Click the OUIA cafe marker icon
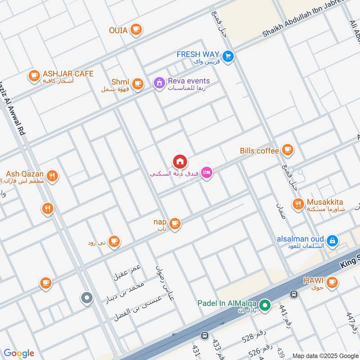click(x=135, y=30)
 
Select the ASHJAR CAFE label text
click(x=68, y=74)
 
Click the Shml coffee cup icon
click(x=137, y=83)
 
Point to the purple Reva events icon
click(x=158, y=83)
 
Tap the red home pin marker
click(x=180, y=161)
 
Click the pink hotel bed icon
click(x=207, y=172)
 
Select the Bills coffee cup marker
click(x=288, y=150)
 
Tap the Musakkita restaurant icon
click(x=298, y=204)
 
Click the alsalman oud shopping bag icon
click(x=332, y=241)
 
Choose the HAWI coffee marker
click(x=332, y=282)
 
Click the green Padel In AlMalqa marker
click(x=265, y=306)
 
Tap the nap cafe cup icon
click(x=175, y=223)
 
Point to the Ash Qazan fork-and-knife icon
click(x=53, y=176)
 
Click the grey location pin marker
click(x=86, y=297)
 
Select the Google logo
click(x=19, y=353)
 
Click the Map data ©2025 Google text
click(x=325, y=355)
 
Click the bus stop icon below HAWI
click(x=294, y=294)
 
